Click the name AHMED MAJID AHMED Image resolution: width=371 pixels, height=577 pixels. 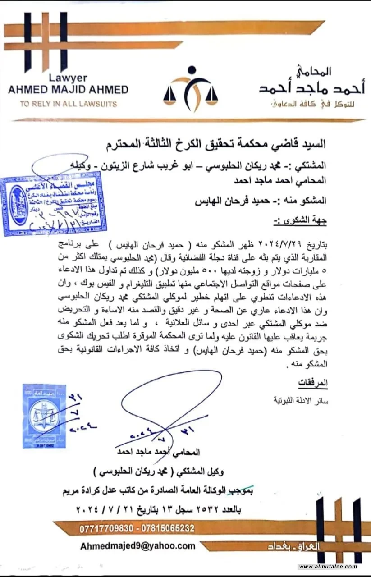click(x=68, y=89)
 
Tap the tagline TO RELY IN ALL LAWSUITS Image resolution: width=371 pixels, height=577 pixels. click(x=68, y=104)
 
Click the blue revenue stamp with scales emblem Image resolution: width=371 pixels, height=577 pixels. click(x=44, y=416)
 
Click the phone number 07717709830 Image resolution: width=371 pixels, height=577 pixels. click(x=107, y=528)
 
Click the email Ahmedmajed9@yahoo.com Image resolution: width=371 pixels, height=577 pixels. click(x=138, y=546)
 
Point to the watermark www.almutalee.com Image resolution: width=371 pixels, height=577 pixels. click(x=328, y=567)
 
